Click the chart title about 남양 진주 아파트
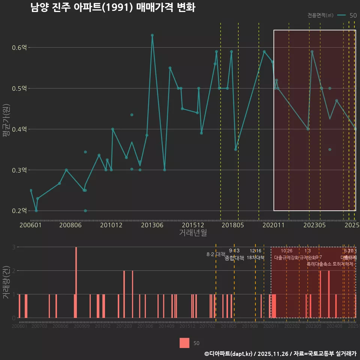[113, 8]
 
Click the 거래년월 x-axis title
[193, 233]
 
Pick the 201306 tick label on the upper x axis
[152, 225]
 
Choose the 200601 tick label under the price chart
[30, 225]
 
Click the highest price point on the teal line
[152, 35]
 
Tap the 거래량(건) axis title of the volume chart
[6, 282]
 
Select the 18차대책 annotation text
[255, 258]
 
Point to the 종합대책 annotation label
[234, 258]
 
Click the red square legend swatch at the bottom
[184, 343]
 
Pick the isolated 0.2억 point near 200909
[85, 211]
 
